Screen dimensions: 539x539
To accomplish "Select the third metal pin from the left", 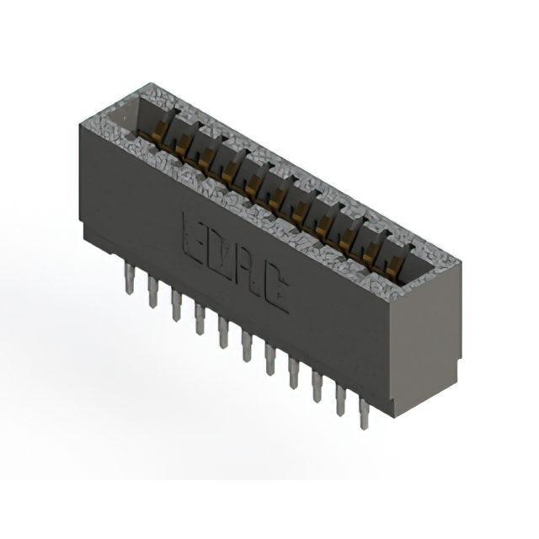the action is click(x=176, y=305).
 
